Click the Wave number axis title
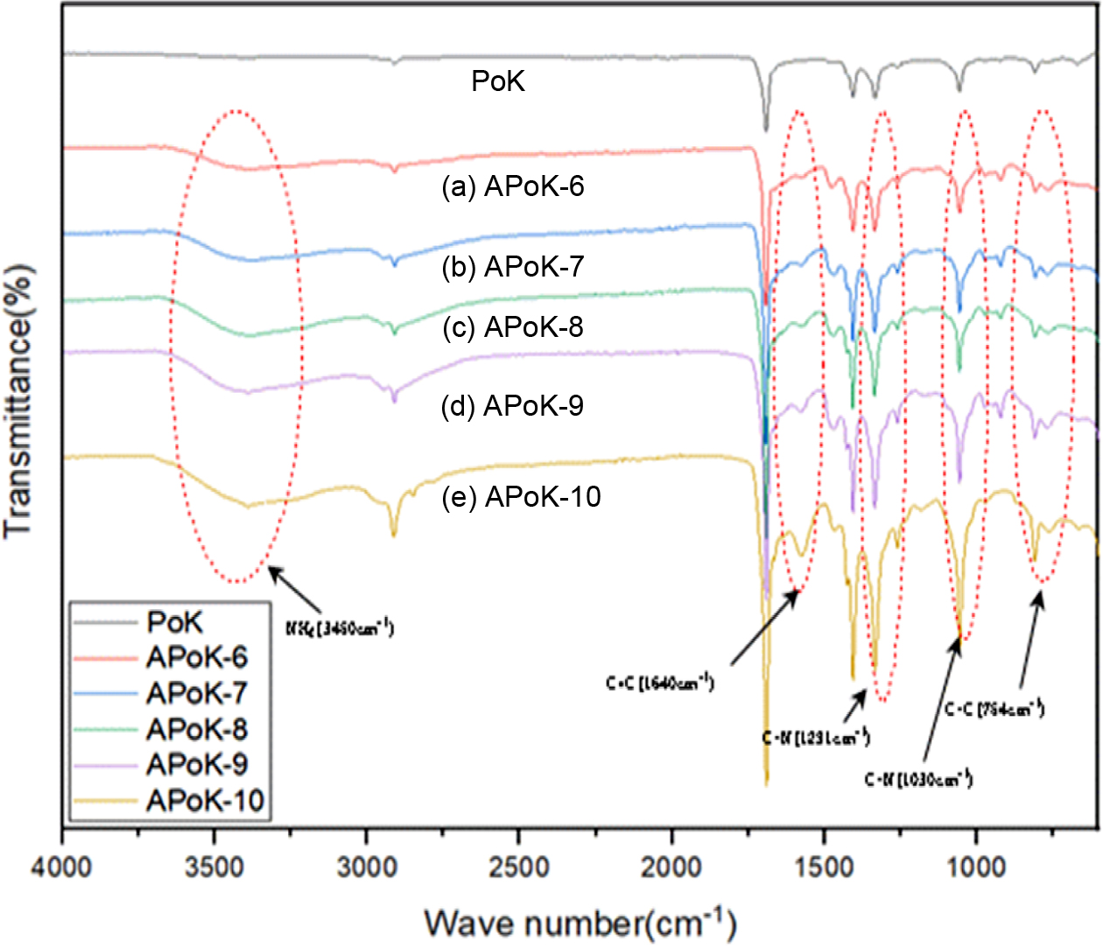pyautogui.click(x=580, y=923)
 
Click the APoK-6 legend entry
pyautogui.click(x=196, y=657)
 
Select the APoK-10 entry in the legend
pyautogui.click(x=205, y=801)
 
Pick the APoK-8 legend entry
pyautogui.click(x=196, y=729)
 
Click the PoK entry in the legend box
pyautogui.click(x=174, y=622)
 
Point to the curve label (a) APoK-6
pyautogui.click(x=513, y=186)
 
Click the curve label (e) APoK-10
pyautogui.click(x=522, y=497)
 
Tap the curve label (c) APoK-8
pyautogui.click(x=513, y=327)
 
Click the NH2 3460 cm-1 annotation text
pyautogui.click(x=340, y=627)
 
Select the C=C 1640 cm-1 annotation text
pyautogui.click(x=660, y=683)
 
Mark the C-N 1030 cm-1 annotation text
pyautogui.click(x=918, y=779)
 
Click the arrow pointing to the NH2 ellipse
pyautogui.click(x=296, y=590)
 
